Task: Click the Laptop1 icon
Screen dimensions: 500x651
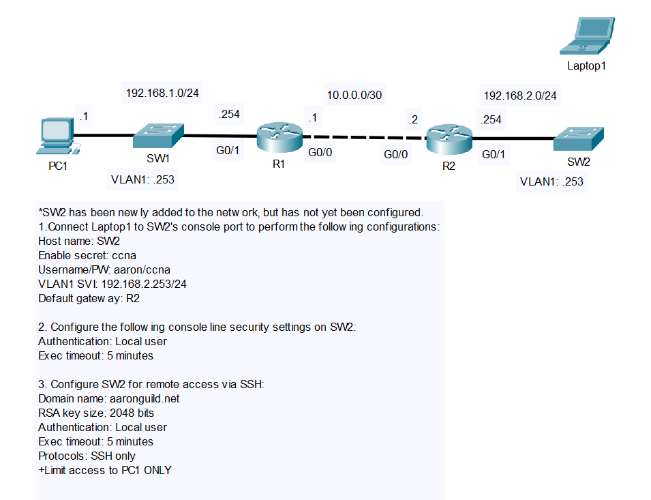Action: click(586, 35)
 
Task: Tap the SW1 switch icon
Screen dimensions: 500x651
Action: click(157, 136)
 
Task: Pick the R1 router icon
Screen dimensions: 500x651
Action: click(279, 138)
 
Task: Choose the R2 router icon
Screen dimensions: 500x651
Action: click(449, 139)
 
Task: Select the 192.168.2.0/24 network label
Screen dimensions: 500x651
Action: click(520, 96)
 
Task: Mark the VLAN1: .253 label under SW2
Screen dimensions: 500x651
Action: click(551, 181)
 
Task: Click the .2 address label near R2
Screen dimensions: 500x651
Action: click(412, 120)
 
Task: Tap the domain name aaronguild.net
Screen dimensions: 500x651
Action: click(142, 398)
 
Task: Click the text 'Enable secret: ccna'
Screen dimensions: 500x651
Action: click(87, 255)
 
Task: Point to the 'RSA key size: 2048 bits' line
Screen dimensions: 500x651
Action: click(96, 413)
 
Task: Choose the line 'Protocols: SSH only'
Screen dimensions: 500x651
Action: click(87, 456)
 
